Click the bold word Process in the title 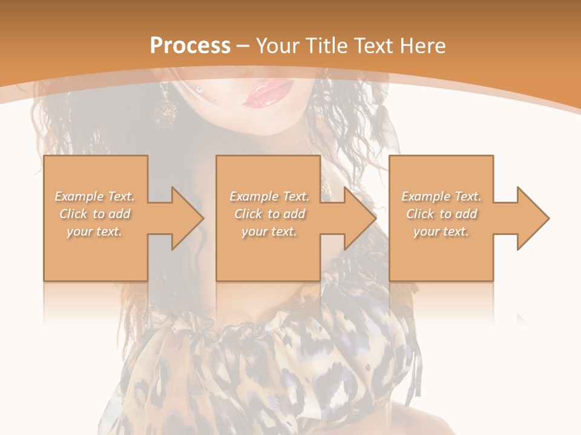click(x=190, y=46)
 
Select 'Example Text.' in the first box click(x=94, y=196)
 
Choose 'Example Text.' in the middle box click(x=269, y=196)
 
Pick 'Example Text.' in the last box click(x=441, y=196)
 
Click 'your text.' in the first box click(x=94, y=231)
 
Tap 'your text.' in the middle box click(x=269, y=231)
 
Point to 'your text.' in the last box click(x=441, y=231)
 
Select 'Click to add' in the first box click(x=94, y=214)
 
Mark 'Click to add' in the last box click(x=441, y=214)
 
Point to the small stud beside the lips click(x=200, y=91)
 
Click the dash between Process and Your click(x=243, y=46)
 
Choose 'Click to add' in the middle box click(x=269, y=214)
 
